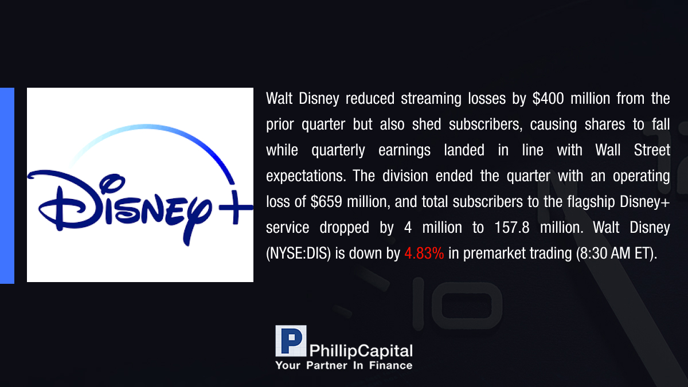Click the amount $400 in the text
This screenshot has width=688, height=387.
(x=548, y=99)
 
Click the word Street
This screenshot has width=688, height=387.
(x=652, y=150)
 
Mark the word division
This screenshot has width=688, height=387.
(x=405, y=176)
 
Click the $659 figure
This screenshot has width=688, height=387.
(x=326, y=202)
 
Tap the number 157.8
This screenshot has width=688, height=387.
(x=512, y=228)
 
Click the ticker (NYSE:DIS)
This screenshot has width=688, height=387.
(x=298, y=253)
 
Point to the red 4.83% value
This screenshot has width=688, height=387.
(x=424, y=253)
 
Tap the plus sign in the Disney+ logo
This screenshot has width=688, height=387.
(x=236, y=208)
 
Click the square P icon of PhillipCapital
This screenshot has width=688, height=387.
(x=291, y=341)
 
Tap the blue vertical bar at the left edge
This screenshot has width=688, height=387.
(x=7, y=186)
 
